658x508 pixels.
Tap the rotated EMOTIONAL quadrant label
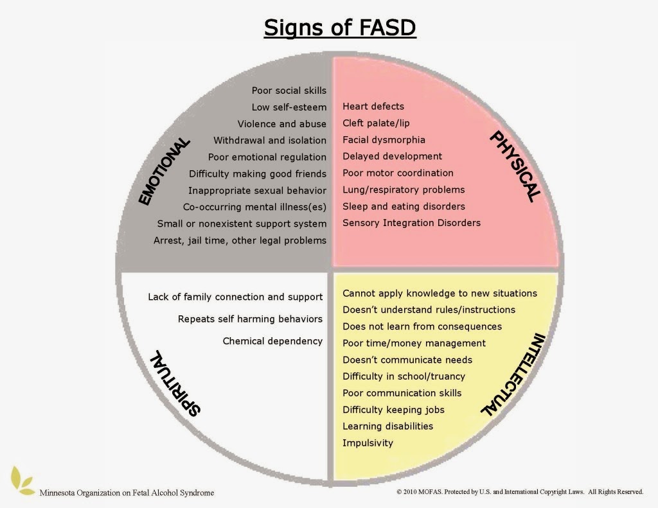[164, 171]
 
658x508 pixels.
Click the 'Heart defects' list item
[373, 106]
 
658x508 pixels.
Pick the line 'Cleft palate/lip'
[379, 123]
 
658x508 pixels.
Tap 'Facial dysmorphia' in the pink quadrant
[384, 139]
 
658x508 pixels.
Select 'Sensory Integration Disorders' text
[411, 223]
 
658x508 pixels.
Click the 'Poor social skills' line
[289, 91]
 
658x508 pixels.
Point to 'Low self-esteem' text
[289, 107]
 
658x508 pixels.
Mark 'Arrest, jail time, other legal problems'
[240, 240]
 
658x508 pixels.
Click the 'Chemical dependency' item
[272, 341]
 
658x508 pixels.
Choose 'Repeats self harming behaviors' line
[250, 319]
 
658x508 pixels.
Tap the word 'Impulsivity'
[368, 442]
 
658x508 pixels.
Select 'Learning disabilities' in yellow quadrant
[387, 426]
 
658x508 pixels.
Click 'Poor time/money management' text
[414, 343]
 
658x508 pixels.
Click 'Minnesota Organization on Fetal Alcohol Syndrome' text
[127, 493]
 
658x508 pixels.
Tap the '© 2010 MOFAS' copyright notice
[520, 492]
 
